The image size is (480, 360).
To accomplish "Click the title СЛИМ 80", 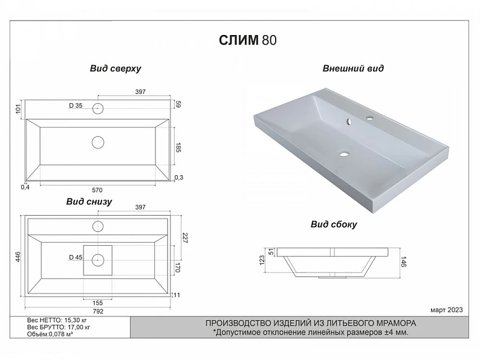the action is (x=248, y=40).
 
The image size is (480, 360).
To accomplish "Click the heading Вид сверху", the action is (x=115, y=68).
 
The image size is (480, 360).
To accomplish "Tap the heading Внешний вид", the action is (x=353, y=68).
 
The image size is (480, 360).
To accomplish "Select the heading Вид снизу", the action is (x=89, y=202).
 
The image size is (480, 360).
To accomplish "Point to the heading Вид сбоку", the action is (x=334, y=225).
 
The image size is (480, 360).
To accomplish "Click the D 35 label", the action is (x=76, y=106).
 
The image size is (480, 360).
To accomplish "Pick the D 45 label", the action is (x=76, y=257).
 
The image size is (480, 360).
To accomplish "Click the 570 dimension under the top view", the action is (x=97, y=190).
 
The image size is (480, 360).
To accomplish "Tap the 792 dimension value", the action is (x=98, y=311).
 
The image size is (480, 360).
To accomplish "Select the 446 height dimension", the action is (x=18, y=256).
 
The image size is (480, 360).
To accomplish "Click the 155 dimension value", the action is (x=98, y=303).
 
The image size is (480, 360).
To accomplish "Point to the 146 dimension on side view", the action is (x=403, y=262).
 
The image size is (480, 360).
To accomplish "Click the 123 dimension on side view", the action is (x=262, y=260).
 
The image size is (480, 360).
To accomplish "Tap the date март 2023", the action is (x=447, y=310).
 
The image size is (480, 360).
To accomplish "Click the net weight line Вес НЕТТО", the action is (x=57, y=320).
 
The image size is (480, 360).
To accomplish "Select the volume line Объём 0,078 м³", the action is (x=50, y=334).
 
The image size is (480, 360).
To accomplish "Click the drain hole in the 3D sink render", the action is (x=344, y=154).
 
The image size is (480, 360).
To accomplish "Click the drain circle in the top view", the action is (x=98, y=143).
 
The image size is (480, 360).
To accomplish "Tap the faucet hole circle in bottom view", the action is (x=98, y=227).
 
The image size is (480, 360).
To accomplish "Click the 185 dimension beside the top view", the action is (x=178, y=147).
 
